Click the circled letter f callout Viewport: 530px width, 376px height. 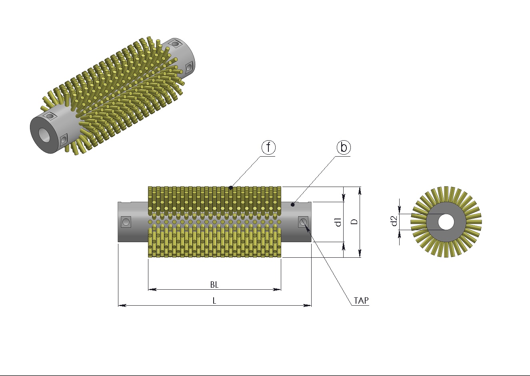(268, 147)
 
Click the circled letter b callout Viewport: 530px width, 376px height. (344, 147)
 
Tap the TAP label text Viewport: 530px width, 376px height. (361, 300)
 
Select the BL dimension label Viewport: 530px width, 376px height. (214, 285)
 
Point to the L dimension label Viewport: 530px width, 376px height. (214, 300)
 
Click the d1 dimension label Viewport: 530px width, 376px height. (338, 222)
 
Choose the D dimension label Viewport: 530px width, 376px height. (354, 222)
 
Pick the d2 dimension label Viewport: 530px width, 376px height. (394, 221)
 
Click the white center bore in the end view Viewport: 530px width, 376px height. (446, 222)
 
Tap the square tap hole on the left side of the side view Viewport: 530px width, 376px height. (126, 222)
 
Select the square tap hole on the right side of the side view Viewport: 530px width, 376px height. (303, 222)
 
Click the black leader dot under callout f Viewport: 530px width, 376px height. (231, 188)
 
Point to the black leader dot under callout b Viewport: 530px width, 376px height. (293, 205)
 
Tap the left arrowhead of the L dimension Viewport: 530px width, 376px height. (122, 306)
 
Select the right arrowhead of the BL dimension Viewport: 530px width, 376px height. (277, 289)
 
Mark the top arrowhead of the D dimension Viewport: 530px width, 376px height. (360, 191)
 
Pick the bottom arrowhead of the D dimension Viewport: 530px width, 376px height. (360, 253)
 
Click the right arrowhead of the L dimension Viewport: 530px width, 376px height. (307, 306)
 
